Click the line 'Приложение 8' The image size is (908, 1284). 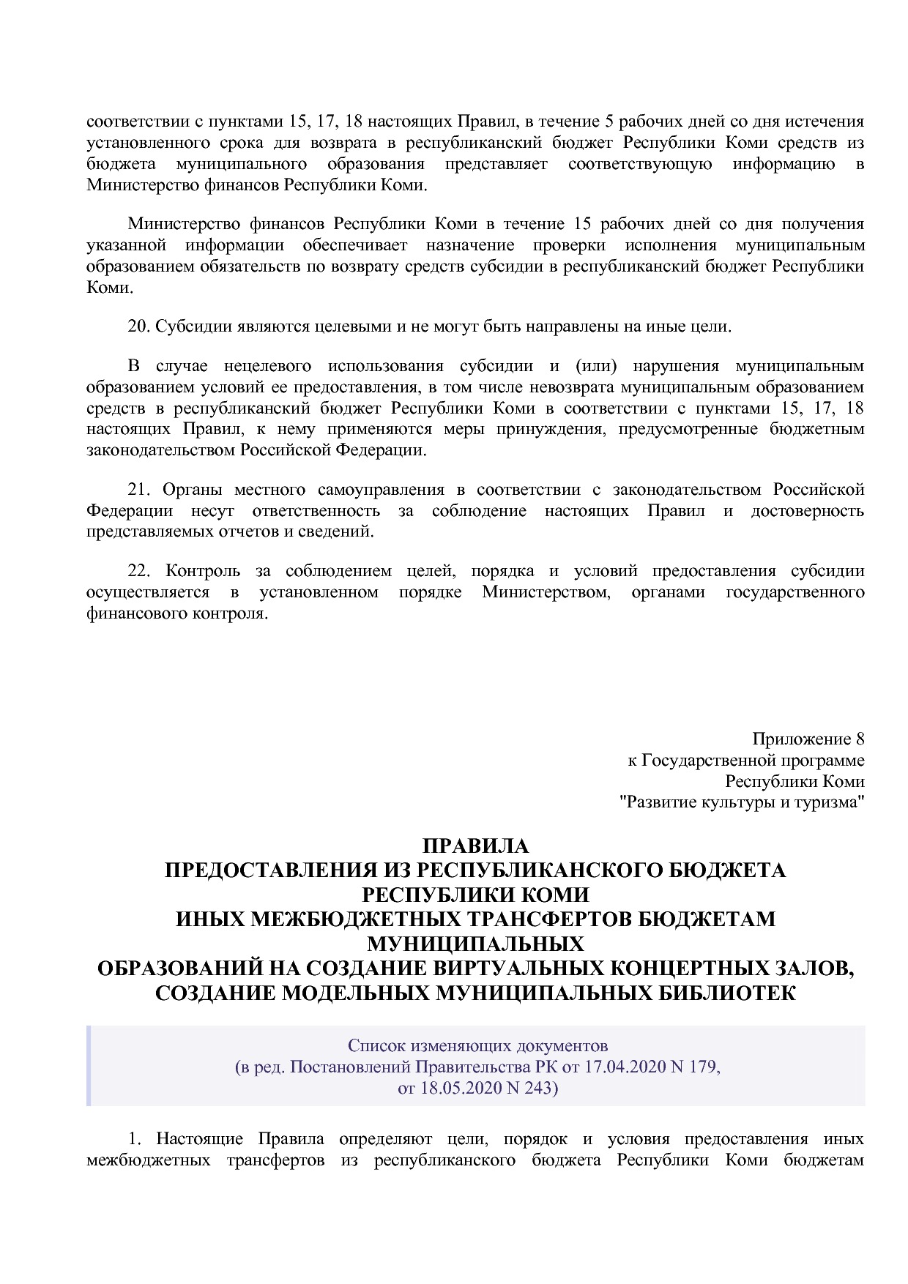pos(808,739)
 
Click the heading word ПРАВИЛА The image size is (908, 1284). pos(475,846)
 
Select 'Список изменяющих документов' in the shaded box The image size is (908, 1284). pos(477,1045)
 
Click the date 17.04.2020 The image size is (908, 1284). pos(624,1067)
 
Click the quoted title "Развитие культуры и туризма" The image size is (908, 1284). pos(742,802)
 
